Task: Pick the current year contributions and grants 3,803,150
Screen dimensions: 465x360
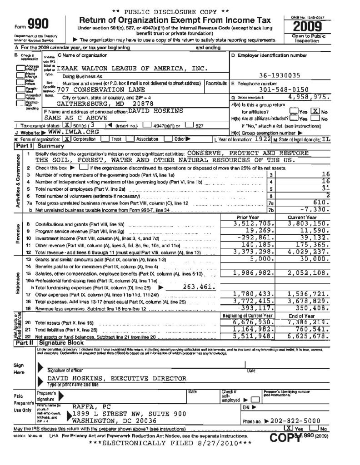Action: tap(309, 223)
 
